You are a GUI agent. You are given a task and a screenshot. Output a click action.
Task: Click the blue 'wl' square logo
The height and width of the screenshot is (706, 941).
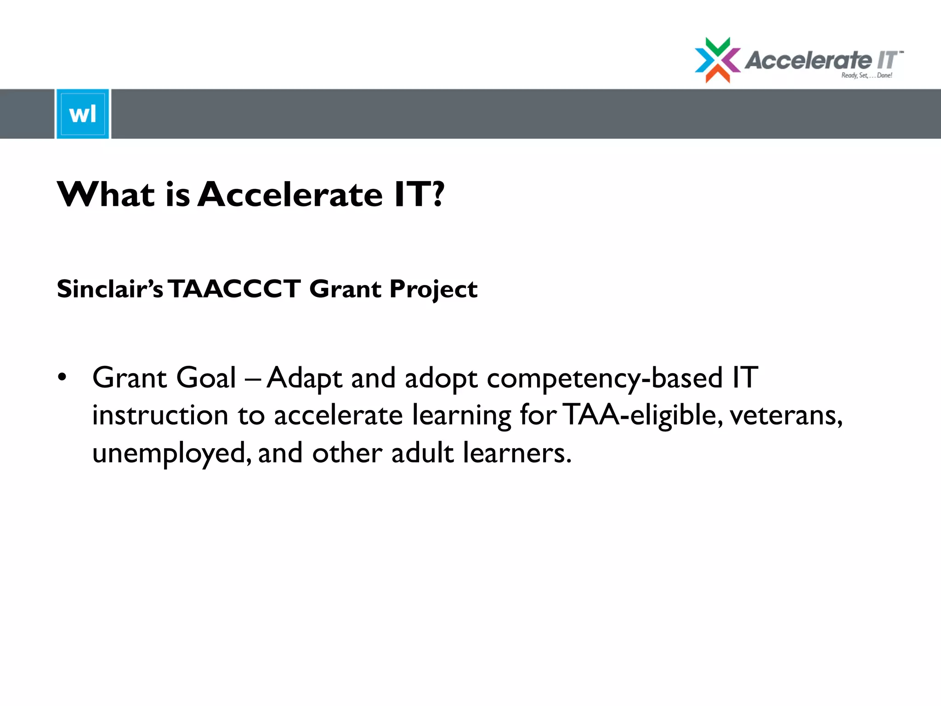(83, 114)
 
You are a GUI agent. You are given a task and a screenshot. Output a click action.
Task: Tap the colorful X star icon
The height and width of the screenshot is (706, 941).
(717, 60)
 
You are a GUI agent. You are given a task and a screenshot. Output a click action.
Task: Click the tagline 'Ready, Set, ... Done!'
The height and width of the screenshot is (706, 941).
(867, 75)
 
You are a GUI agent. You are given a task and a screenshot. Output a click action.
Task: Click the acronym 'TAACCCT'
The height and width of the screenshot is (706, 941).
(235, 289)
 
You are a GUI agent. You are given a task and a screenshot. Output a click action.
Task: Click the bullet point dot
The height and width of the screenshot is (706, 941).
(62, 377)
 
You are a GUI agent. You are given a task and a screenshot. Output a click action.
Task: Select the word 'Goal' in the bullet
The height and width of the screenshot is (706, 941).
(206, 378)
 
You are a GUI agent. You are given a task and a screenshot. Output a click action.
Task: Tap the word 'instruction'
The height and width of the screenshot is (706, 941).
(160, 415)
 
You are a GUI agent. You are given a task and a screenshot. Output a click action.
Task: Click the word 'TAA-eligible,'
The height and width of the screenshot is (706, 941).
(641, 415)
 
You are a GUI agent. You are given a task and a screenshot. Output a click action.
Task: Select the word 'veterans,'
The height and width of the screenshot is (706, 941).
(786, 415)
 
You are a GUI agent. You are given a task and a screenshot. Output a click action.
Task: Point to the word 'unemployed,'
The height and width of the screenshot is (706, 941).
(172, 453)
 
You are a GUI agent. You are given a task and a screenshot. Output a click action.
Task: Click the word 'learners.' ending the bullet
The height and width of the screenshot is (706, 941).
(517, 453)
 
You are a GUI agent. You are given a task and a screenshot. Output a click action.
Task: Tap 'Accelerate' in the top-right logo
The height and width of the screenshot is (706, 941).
(808, 60)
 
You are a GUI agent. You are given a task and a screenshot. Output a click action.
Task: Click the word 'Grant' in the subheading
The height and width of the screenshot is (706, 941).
(345, 289)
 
